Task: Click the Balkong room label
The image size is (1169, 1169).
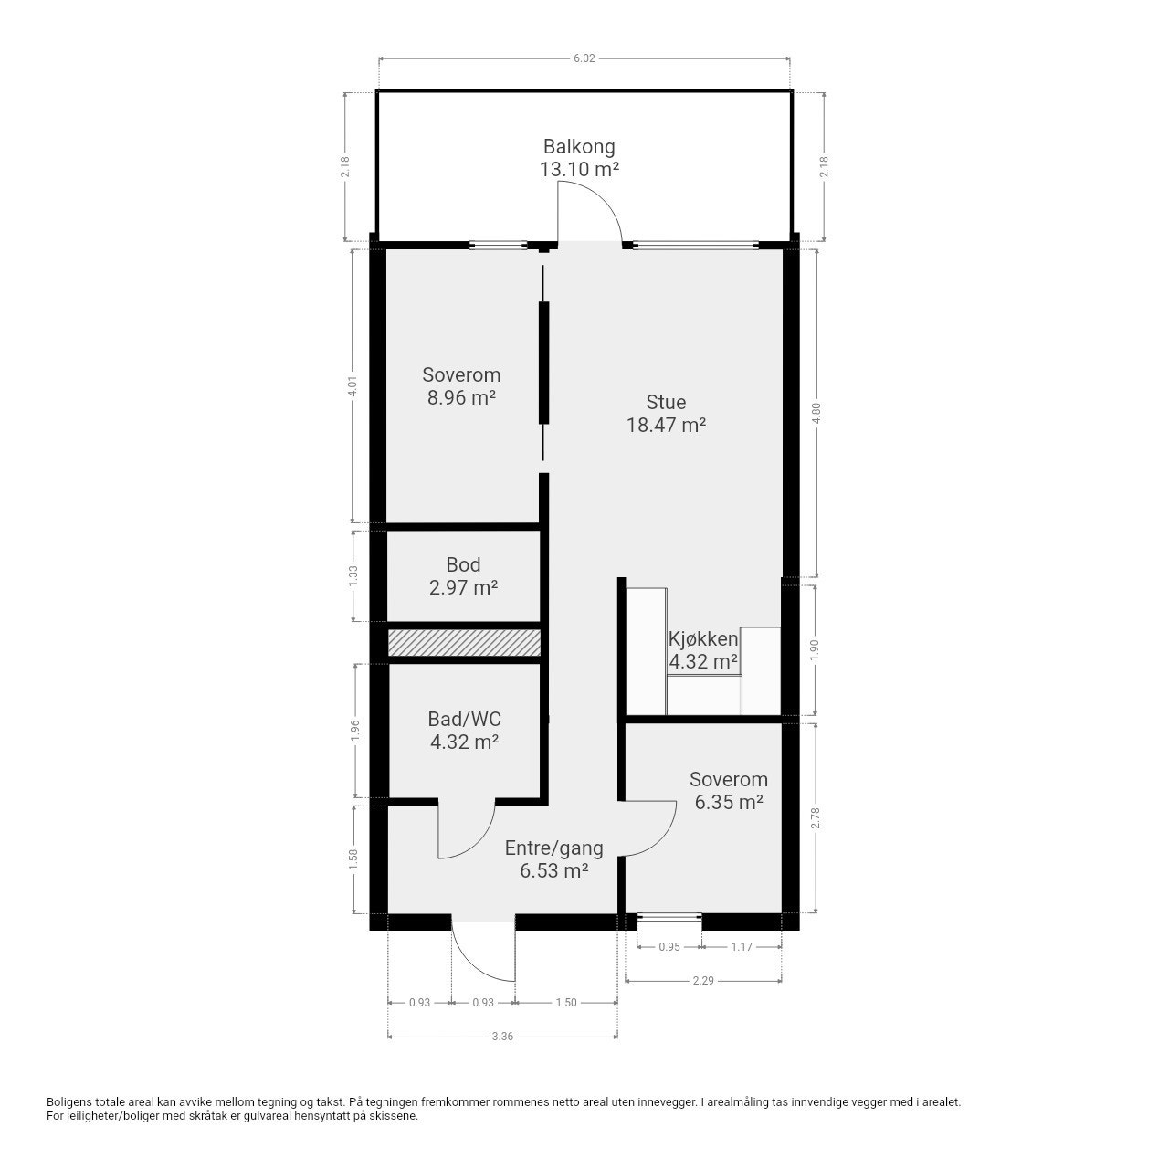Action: point(579,146)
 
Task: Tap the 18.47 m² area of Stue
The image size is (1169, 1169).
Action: point(666,425)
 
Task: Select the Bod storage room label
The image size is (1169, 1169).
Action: point(463,564)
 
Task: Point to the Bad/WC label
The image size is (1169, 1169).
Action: point(464,719)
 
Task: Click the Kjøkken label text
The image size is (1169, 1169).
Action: point(702,638)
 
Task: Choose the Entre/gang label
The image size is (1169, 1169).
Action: point(553,848)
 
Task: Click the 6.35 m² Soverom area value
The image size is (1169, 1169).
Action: point(728,803)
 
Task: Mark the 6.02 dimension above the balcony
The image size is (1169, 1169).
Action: point(584,58)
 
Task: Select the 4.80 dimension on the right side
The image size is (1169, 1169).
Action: point(816,412)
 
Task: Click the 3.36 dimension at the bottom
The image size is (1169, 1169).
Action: point(501,1036)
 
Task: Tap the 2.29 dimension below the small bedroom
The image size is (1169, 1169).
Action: point(702,981)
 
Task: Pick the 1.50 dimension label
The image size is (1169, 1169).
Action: point(565,1002)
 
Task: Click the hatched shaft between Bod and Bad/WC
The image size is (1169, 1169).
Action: point(464,642)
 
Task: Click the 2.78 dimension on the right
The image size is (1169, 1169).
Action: point(816,817)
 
